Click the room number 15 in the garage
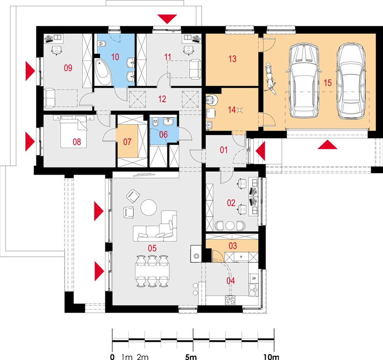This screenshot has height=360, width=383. [328, 83]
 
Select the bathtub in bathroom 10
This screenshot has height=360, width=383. [103, 71]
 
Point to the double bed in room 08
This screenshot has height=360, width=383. [74, 132]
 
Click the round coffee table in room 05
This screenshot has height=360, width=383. [149, 207]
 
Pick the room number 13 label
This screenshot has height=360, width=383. [232, 59]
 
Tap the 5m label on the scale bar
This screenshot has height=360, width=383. [191, 357]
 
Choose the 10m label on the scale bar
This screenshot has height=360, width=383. [271, 357]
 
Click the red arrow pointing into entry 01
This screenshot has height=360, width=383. [261, 151]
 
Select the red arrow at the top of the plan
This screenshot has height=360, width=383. [167, 19]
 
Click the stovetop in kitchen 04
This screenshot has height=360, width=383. [230, 300]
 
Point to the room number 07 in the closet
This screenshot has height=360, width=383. [127, 142]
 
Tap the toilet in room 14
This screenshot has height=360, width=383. [211, 100]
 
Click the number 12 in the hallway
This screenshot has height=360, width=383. [162, 99]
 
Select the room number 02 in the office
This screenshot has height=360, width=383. [231, 203]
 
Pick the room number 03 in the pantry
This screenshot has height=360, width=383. [233, 246]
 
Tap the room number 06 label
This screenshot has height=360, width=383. [163, 134]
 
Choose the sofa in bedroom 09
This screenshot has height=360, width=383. [50, 98]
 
